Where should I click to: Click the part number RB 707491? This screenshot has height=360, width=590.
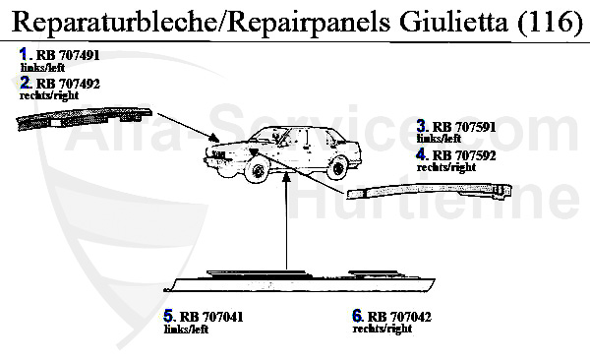coord(68,55)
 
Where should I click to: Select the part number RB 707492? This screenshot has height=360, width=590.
coord(68,84)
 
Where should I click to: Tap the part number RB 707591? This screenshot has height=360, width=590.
coord(464,127)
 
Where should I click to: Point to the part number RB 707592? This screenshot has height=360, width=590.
coord(464,155)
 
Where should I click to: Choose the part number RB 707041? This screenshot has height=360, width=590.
coord(211,317)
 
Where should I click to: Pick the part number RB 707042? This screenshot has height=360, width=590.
coord(399,317)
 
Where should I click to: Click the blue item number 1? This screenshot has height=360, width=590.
coord(24,54)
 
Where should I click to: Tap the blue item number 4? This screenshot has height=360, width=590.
coord(421,154)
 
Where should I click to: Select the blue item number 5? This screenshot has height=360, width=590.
coord(168,316)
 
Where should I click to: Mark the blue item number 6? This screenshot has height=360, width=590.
coord(357,316)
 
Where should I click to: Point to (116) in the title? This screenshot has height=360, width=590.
coord(550,23)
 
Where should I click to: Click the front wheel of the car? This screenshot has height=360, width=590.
coord(258,170)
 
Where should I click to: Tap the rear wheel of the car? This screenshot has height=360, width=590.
coord(337,167)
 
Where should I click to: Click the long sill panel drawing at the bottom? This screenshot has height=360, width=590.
coord(300,281)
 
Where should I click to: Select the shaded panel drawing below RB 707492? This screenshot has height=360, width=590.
coord(85,118)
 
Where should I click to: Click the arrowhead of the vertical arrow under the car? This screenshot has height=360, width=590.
coord(287,175)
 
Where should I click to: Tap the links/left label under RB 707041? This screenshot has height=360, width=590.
coord(186,330)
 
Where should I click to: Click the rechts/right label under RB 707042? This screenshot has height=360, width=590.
coord(383,329)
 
